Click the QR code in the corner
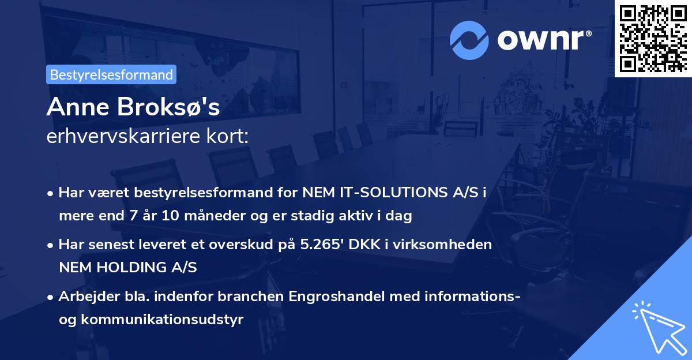653,39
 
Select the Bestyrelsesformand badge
111,74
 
